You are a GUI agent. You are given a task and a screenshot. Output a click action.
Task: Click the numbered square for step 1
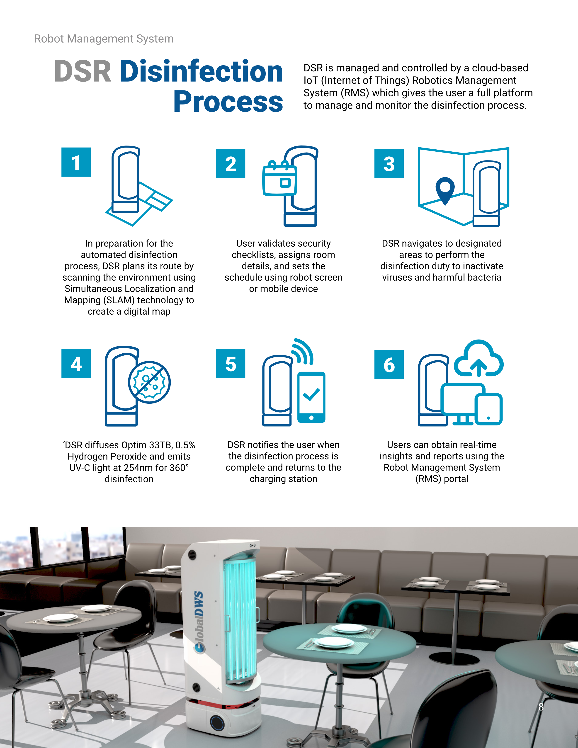(x=76, y=162)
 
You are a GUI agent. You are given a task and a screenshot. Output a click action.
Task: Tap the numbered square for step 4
(x=76, y=363)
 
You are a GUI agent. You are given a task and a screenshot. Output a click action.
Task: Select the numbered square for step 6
(x=389, y=364)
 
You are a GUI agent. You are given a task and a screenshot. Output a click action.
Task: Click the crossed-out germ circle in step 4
(x=149, y=382)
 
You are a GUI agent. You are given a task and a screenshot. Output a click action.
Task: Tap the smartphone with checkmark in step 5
(x=311, y=397)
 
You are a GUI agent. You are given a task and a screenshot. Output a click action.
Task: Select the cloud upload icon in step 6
(x=479, y=358)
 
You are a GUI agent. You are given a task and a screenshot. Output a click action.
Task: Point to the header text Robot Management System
(x=104, y=39)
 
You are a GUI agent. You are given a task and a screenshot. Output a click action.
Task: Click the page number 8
(x=541, y=707)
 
